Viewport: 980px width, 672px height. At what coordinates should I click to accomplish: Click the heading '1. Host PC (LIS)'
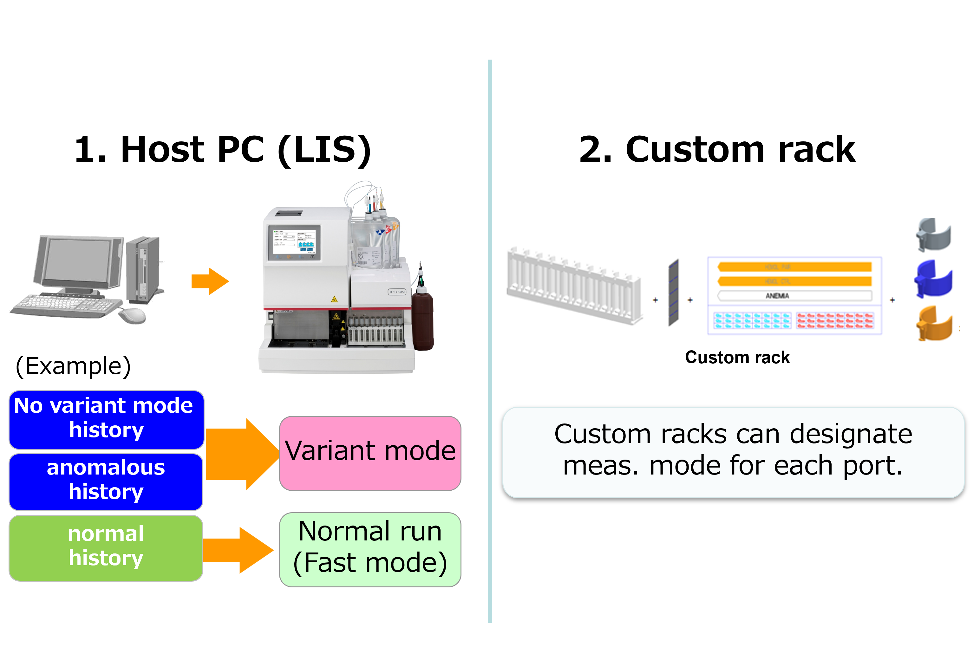(x=223, y=150)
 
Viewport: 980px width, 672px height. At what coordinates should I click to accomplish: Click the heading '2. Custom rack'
(x=717, y=150)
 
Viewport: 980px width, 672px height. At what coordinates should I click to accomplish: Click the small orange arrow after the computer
(x=210, y=281)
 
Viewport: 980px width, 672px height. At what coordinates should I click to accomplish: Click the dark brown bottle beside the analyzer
(x=422, y=320)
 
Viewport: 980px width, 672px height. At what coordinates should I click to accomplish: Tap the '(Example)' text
(x=73, y=366)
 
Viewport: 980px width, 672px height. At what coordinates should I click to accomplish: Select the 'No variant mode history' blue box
(x=106, y=419)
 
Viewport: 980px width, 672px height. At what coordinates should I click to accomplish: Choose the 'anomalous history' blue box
(x=106, y=481)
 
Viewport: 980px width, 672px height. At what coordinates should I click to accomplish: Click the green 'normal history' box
(x=106, y=548)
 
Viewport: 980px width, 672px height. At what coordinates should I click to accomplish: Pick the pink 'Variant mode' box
(x=370, y=453)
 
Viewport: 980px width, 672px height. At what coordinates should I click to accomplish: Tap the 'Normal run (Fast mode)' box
(x=370, y=549)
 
